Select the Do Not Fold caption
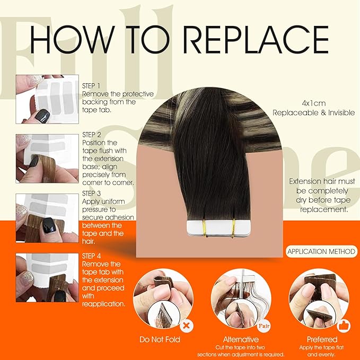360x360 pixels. point(160,339)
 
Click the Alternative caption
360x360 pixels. point(241,339)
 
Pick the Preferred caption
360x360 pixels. point(321,339)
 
